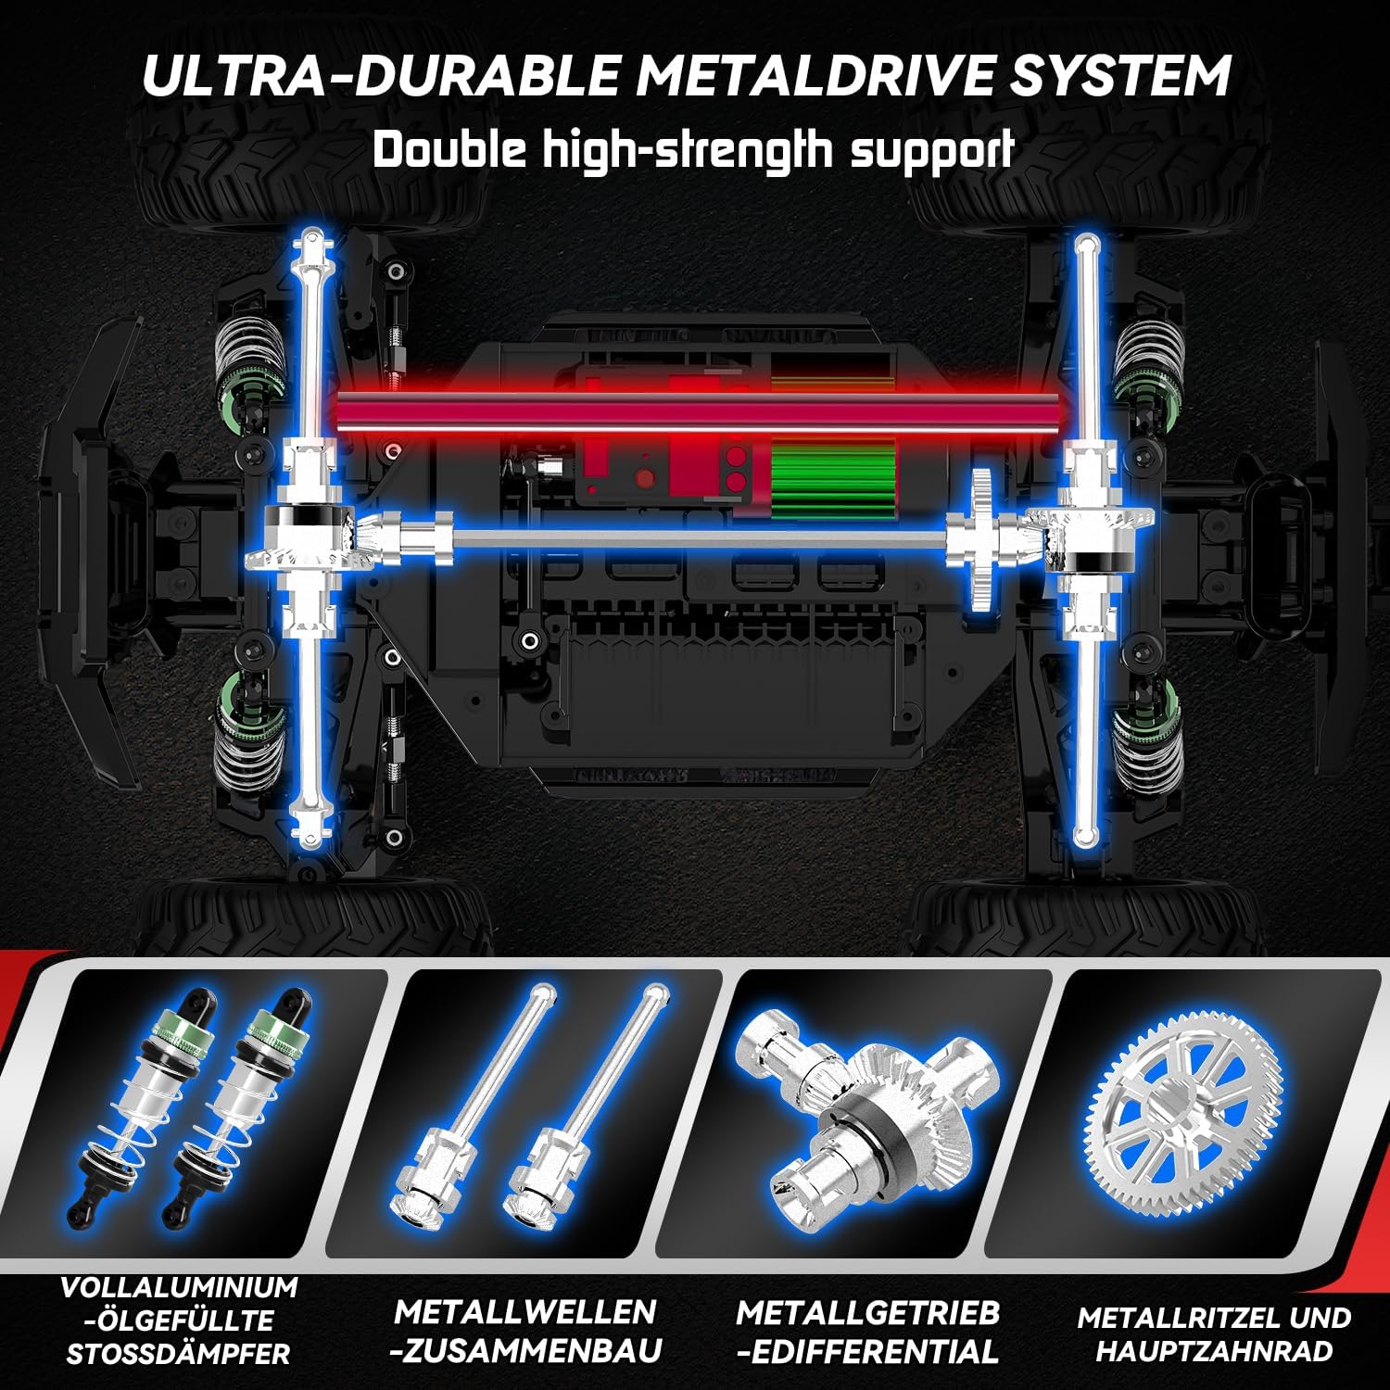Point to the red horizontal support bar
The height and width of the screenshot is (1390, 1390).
click(x=699, y=409)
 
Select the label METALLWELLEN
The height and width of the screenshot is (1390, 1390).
click(x=524, y=1312)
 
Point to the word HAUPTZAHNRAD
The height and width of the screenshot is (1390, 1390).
click(x=1215, y=1351)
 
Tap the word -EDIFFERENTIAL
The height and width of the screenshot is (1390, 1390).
click(x=867, y=1352)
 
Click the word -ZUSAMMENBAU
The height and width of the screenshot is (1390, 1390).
click(x=524, y=1351)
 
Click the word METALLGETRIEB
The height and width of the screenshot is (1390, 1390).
click(x=867, y=1312)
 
